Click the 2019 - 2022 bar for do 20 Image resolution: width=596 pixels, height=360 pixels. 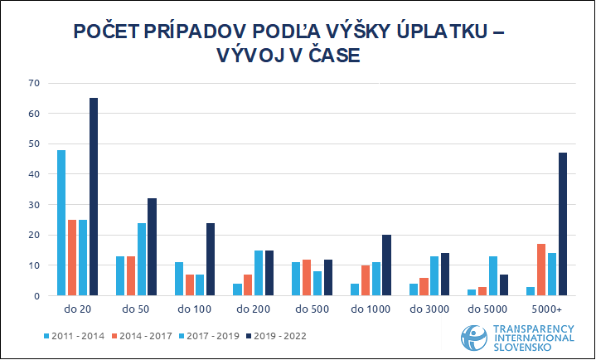pos(94,197)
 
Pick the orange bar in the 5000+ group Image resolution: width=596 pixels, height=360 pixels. pos(540,270)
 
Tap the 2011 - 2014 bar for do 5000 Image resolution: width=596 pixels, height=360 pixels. pos(472,292)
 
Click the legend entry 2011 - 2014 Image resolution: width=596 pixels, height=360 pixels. pos(75,336)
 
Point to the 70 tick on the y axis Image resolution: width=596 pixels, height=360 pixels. pos(34,83)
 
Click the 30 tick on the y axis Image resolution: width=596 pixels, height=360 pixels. pos(34,205)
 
